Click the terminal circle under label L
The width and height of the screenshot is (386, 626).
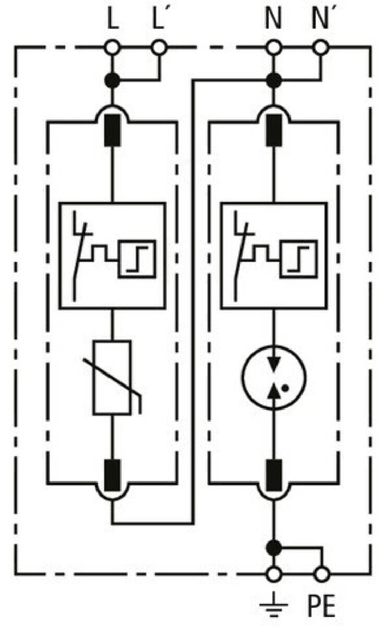112,47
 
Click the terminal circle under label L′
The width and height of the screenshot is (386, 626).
159,47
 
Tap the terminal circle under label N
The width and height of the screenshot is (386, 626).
273,47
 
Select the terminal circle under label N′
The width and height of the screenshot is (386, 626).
320,47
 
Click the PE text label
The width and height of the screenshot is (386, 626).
321,606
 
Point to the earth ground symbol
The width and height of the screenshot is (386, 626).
273,604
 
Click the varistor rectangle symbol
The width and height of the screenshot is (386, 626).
112,378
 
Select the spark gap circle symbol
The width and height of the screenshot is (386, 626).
274,378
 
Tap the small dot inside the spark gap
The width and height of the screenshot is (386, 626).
285,388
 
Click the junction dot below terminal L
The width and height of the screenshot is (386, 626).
112,80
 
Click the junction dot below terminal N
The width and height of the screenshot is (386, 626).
274,80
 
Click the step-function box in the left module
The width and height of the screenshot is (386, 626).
137,259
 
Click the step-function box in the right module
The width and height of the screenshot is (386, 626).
298,259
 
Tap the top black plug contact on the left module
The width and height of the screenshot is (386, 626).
112,130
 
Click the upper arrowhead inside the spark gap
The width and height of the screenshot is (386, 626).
274,364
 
